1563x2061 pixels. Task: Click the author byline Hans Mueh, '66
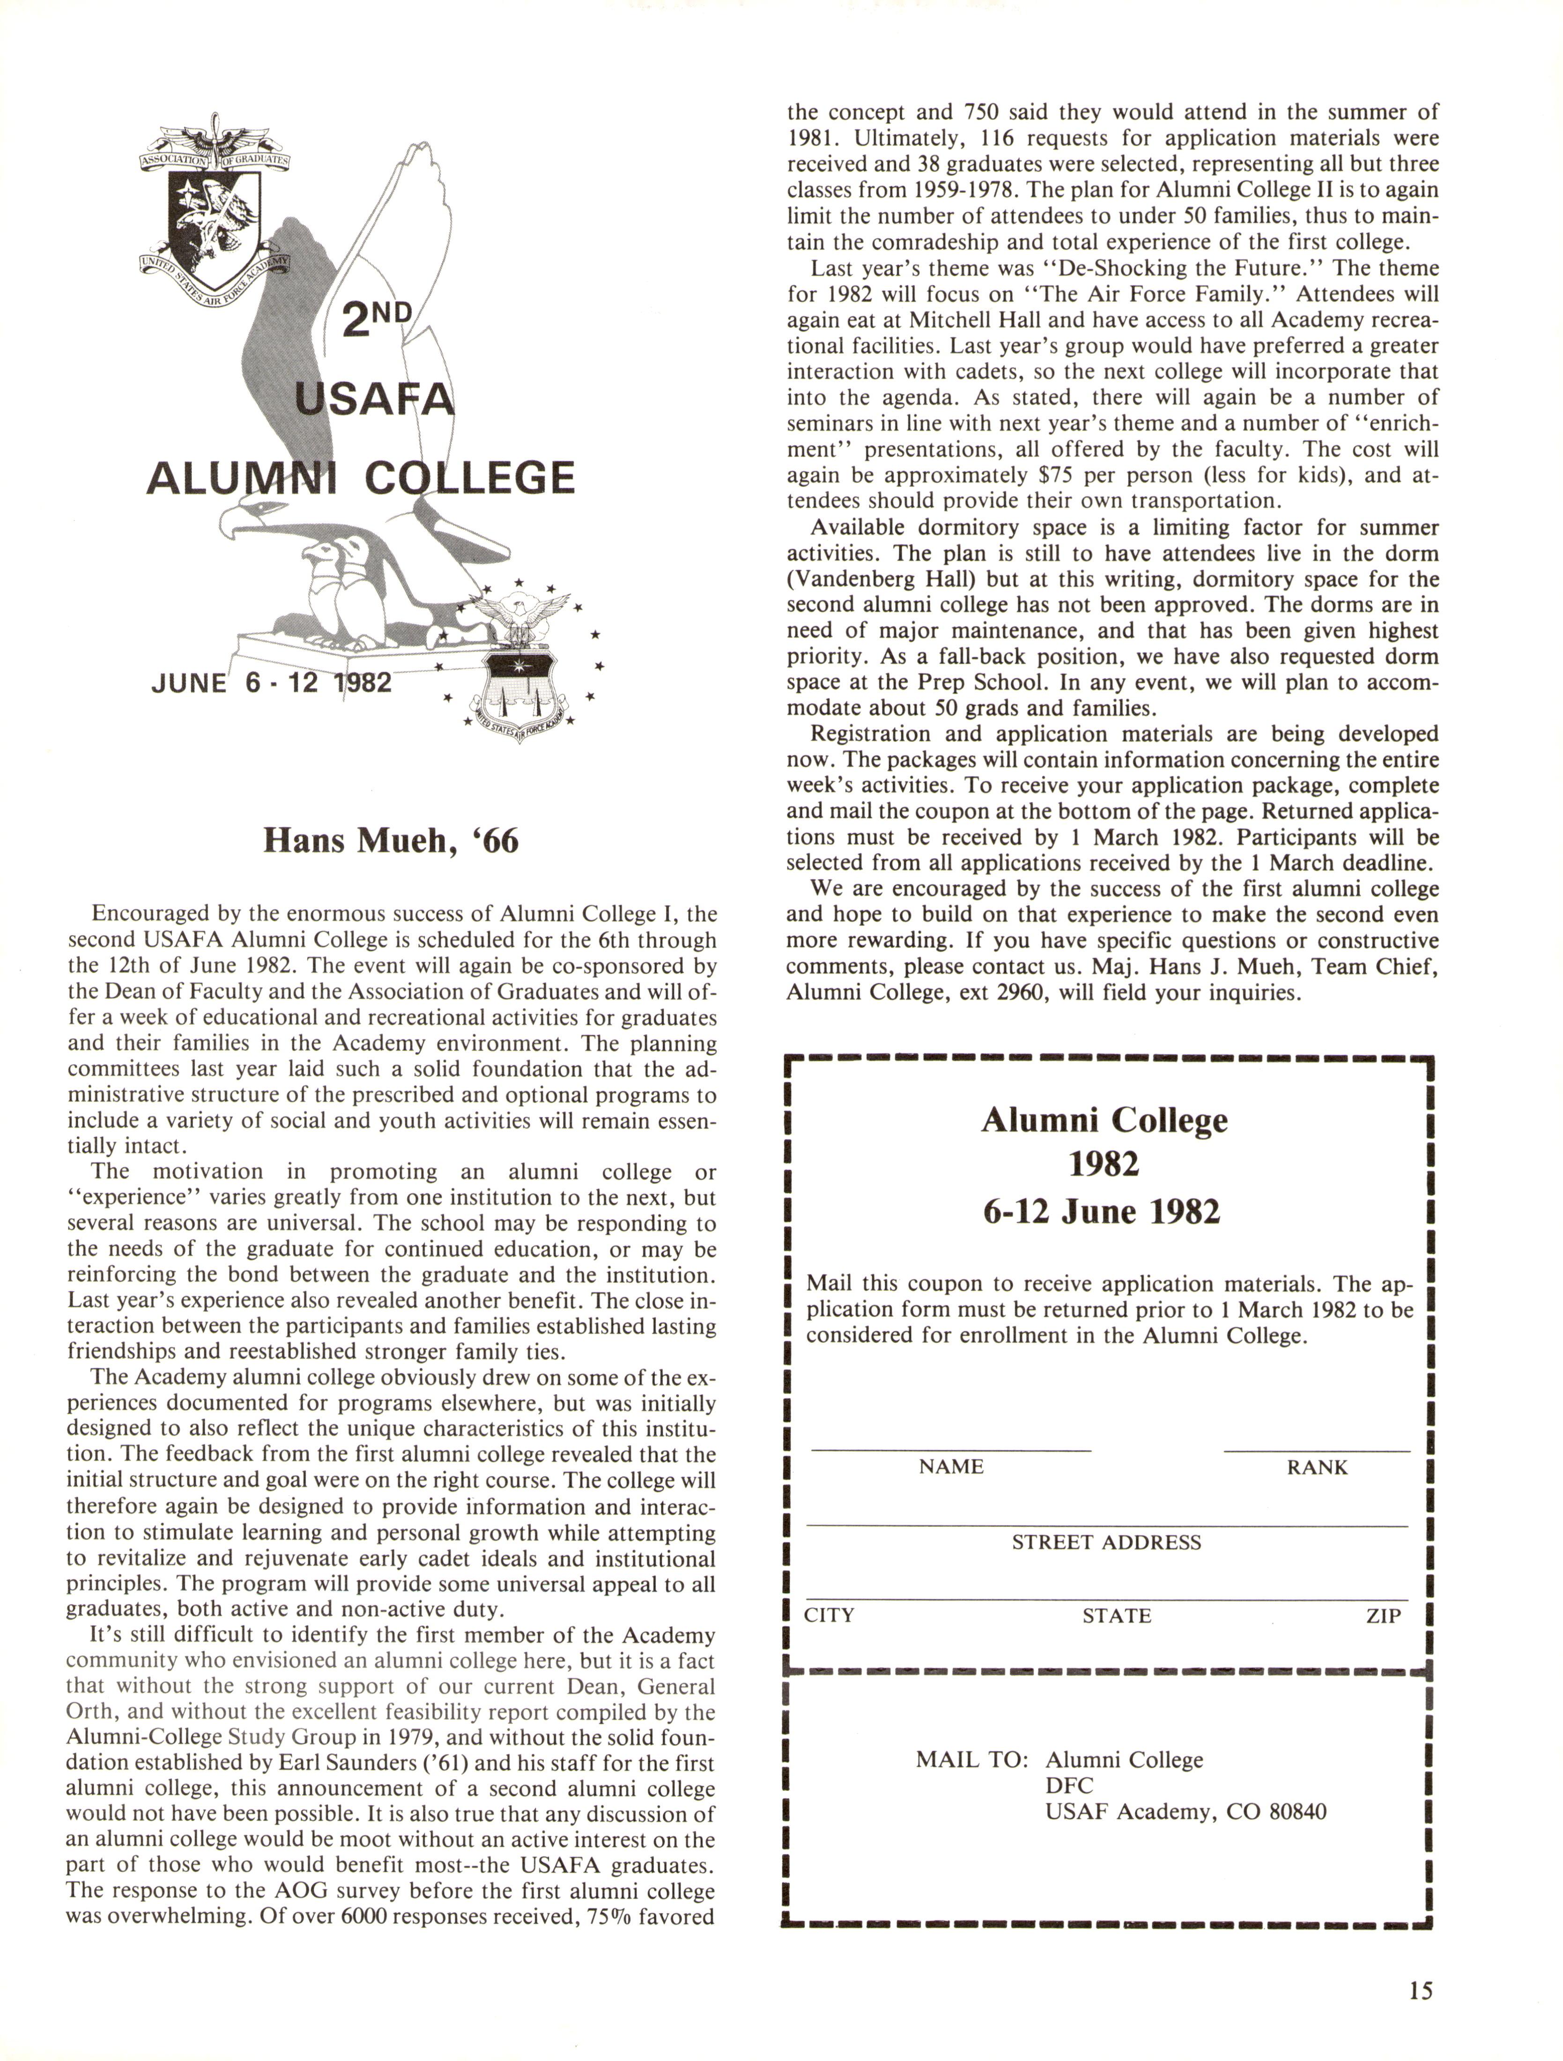pyautogui.click(x=390, y=840)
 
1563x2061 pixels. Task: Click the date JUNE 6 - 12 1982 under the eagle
pyautogui.click(x=271, y=683)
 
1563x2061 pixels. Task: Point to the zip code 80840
pyautogui.click(x=1297, y=1811)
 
